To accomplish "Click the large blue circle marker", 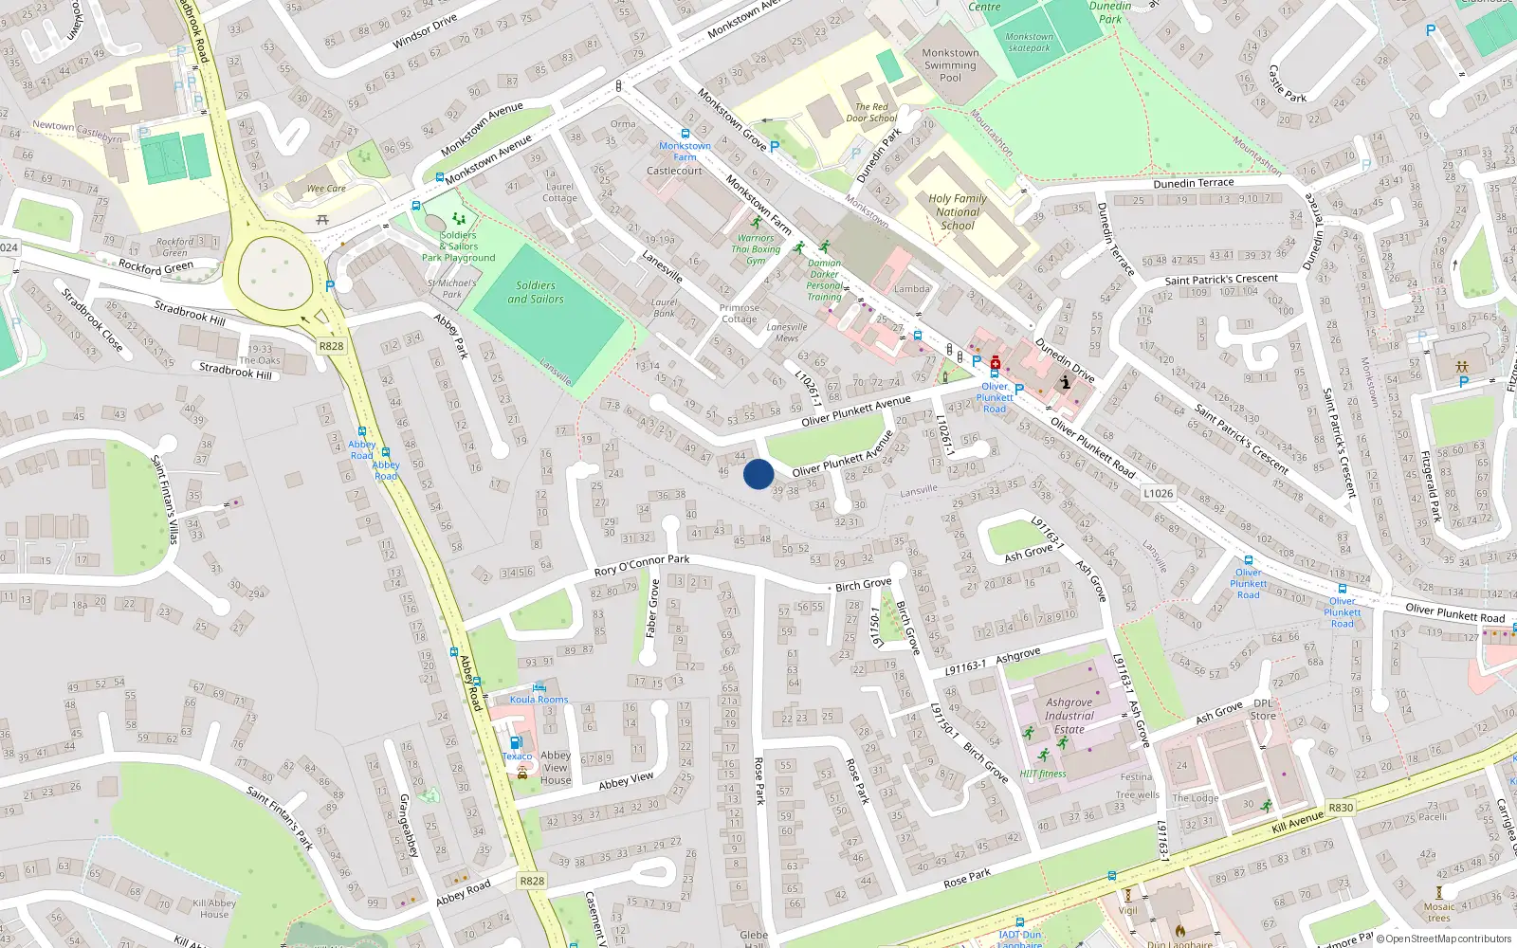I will click(x=758, y=474).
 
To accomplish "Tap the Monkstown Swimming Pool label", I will click(x=950, y=65).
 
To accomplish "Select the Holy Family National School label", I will click(x=958, y=212).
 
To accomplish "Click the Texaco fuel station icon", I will click(x=515, y=743).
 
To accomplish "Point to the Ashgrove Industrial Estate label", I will click(x=1069, y=716).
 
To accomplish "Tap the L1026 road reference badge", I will click(x=1158, y=493).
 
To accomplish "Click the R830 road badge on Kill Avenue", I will click(x=1341, y=808).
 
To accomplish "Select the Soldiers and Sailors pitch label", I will click(x=536, y=292).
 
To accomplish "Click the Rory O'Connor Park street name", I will click(x=642, y=565).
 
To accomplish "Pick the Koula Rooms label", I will click(x=539, y=700).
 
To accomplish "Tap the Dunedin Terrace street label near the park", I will click(x=1194, y=183).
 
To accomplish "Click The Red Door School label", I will click(x=871, y=113).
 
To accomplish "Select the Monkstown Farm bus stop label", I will click(x=685, y=152).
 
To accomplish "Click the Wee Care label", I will click(x=326, y=189).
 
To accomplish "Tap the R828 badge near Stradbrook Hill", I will click(x=331, y=346).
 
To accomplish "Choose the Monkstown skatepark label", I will click(x=1029, y=42).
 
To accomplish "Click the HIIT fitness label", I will click(x=1043, y=774).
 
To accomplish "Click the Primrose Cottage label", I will click(x=739, y=313).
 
